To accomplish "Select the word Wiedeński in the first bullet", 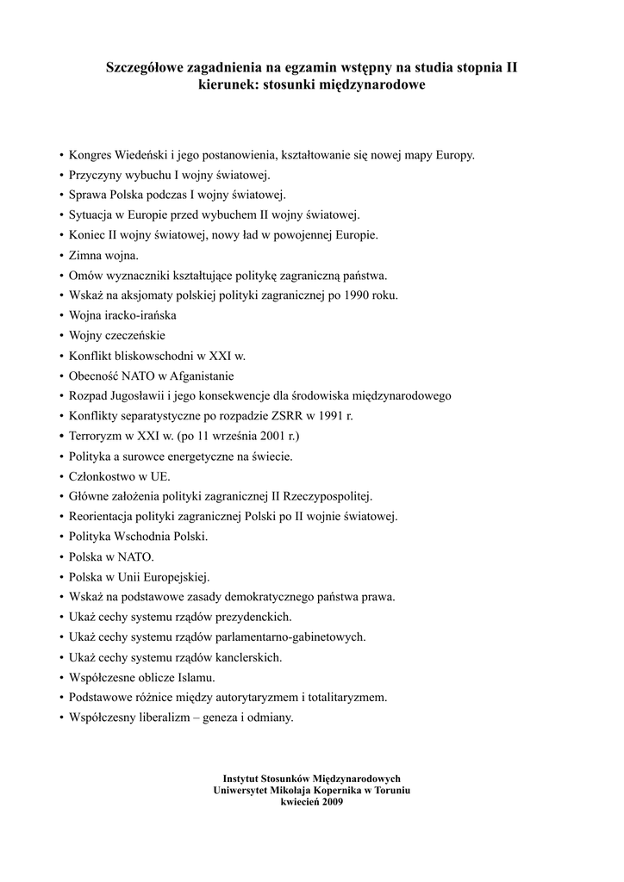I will coord(141,156).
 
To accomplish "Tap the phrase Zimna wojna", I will coord(102,255).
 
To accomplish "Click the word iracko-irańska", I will coord(141,315).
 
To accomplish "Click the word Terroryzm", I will coord(99,436).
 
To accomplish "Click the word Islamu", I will coord(197,677).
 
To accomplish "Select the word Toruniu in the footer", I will coord(390,790).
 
